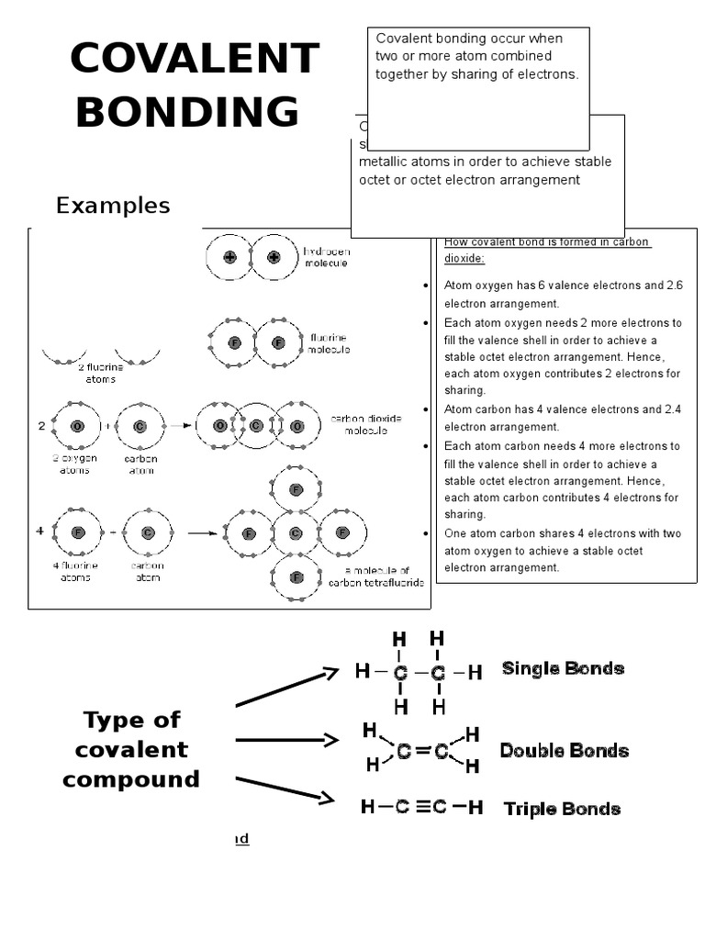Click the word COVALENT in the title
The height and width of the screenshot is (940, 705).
coord(194,60)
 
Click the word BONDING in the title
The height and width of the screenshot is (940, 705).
coord(187,112)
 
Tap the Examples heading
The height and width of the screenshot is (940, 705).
coord(113,206)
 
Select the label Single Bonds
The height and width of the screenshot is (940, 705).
coord(563,668)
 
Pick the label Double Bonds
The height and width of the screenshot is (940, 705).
coord(564,751)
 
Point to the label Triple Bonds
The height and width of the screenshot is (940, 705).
coord(562,809)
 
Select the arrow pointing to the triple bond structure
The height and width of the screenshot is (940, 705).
coord(285,789)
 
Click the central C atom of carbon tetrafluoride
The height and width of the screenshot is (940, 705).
coord(296,533)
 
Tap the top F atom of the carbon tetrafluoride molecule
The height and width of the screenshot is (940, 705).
coord(296,489)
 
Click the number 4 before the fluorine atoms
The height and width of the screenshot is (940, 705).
coord(39,532)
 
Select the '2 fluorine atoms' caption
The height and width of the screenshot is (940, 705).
coord(100,373)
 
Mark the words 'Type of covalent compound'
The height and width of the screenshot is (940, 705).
coord(131,749)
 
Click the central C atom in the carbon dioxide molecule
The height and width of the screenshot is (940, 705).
coord(256,426)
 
